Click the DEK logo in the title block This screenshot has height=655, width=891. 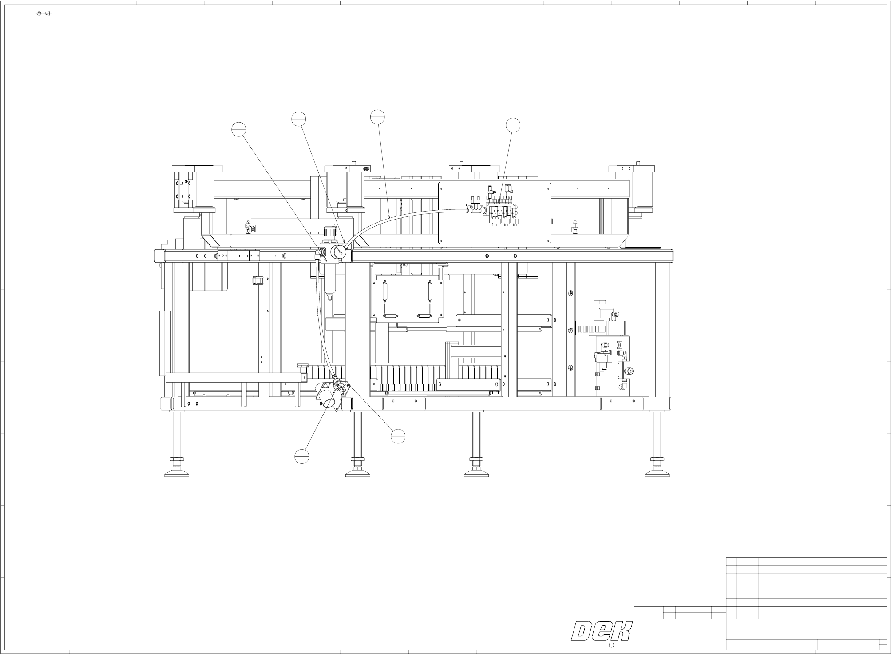(601, 631)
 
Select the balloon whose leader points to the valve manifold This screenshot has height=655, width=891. (513, 125)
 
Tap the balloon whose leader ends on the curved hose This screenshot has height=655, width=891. (377, 116)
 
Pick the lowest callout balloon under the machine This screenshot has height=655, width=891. (301, 456)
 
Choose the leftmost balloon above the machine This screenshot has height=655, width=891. (239, 129)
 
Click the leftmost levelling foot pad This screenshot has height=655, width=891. (177, 474)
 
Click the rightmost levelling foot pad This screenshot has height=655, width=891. (657, 474)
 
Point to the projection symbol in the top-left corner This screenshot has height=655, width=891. (43, 13)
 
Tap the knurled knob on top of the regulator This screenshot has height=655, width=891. (329, 232)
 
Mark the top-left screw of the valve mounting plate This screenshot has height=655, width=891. (443, 186)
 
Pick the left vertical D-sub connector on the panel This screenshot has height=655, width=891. (385, 291)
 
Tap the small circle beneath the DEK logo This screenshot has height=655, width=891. (610, 645)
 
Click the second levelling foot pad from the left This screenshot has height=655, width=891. (358, 474)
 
